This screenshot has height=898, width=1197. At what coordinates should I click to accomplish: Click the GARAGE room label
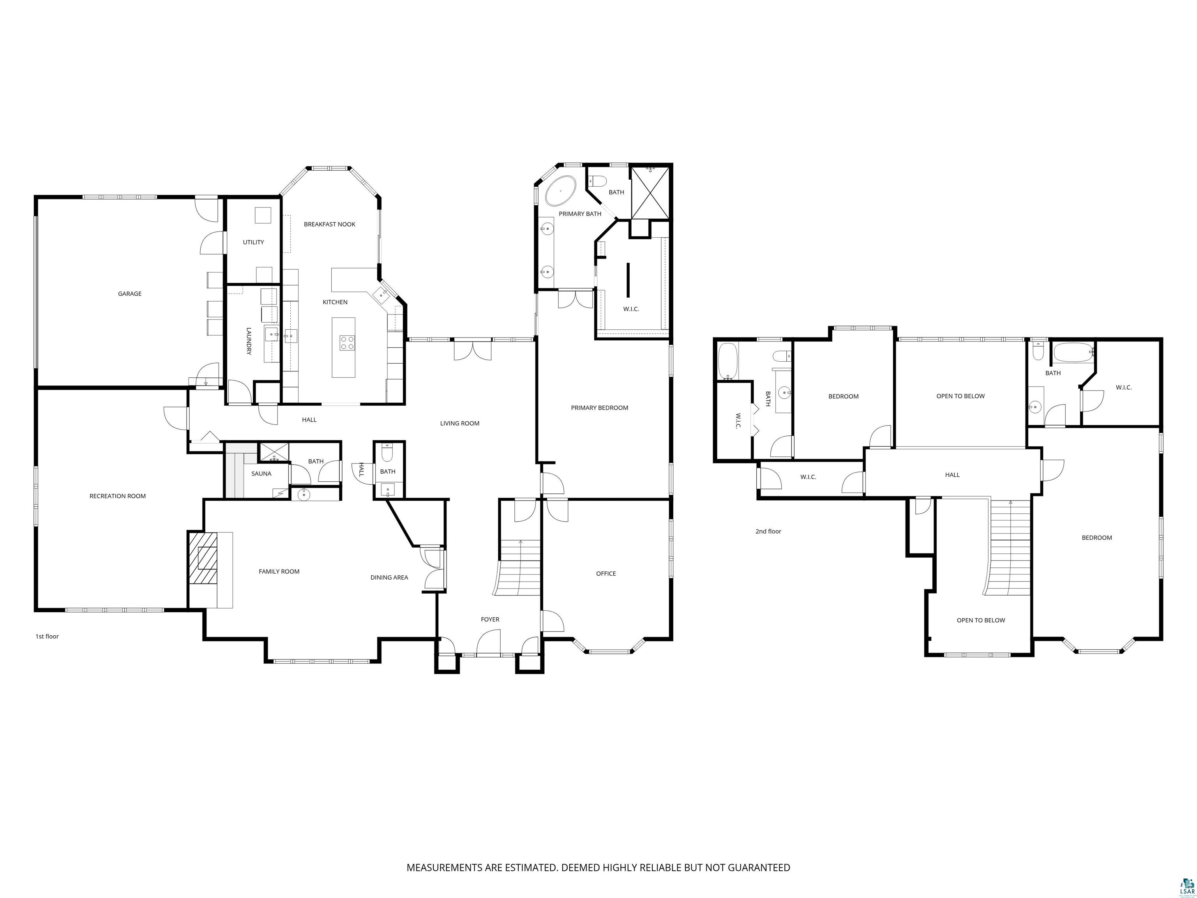(130, 294)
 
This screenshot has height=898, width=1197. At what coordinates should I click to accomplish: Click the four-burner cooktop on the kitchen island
(347, 343)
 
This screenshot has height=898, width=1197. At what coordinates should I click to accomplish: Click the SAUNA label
(261, 474)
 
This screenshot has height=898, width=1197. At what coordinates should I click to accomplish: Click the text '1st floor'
(47, 636)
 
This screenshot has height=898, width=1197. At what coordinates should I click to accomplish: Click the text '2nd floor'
(768, 532)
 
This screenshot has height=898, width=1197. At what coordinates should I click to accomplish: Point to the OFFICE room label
(606, 574)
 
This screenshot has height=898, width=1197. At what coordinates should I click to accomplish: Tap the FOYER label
(490, 619)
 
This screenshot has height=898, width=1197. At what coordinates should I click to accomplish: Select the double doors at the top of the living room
(472, 349)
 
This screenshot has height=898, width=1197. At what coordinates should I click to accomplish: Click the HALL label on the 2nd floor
(952, 475)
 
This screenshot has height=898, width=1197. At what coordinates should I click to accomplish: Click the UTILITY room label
(253, 242)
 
